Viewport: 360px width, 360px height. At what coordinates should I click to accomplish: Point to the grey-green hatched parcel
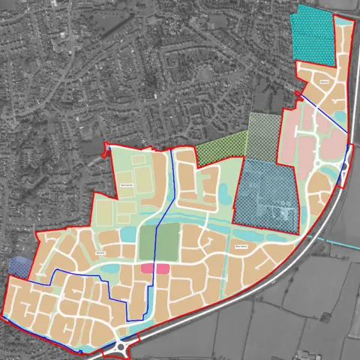click(263, 131)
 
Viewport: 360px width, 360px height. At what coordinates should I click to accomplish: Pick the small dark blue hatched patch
click(20, 265)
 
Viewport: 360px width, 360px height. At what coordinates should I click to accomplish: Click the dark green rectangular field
click(169, 240)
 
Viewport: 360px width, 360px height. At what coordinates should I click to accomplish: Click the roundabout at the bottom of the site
click(121, 348)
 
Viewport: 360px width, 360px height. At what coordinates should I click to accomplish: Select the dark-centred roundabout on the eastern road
click(344, 166)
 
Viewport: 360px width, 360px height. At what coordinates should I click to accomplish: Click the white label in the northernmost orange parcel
click(325, 80)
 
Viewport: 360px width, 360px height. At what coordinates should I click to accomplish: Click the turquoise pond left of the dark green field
click(129, 235)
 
